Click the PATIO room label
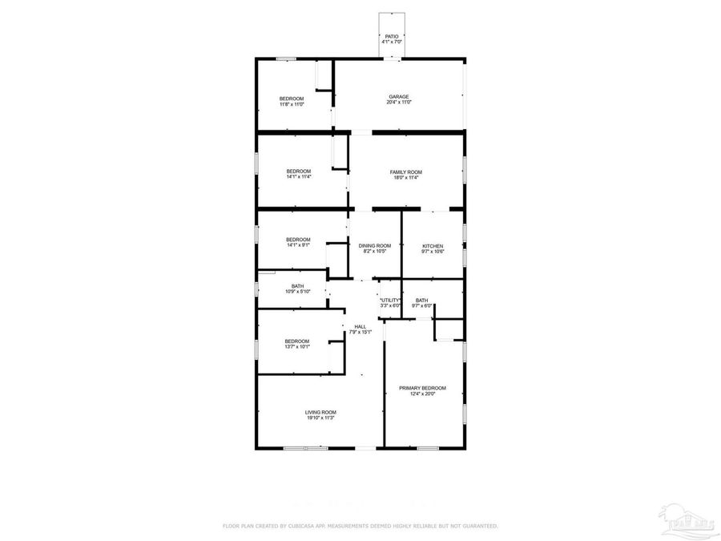coord(391,36)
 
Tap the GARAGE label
coord(399,97)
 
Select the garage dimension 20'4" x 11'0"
coord(399,103)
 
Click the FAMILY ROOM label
coord(406,172)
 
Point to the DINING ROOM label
coord(375,245)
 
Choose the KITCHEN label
coord(433,246)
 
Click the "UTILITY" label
coord(390,300)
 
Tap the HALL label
coord(360,326)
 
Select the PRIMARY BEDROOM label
coord(423,388)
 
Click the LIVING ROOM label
coord(320,412)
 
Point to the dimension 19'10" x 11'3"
coord(320,418)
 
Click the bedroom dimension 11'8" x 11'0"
coord(292,104)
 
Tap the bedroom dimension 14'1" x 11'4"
coord(299,177)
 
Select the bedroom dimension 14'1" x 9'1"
coord(299,245)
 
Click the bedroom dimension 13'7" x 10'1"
coord(297,347)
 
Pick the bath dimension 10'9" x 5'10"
coord(297,292)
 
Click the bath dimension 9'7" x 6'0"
coord(422,305)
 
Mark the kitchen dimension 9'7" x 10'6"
coord(433,252)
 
